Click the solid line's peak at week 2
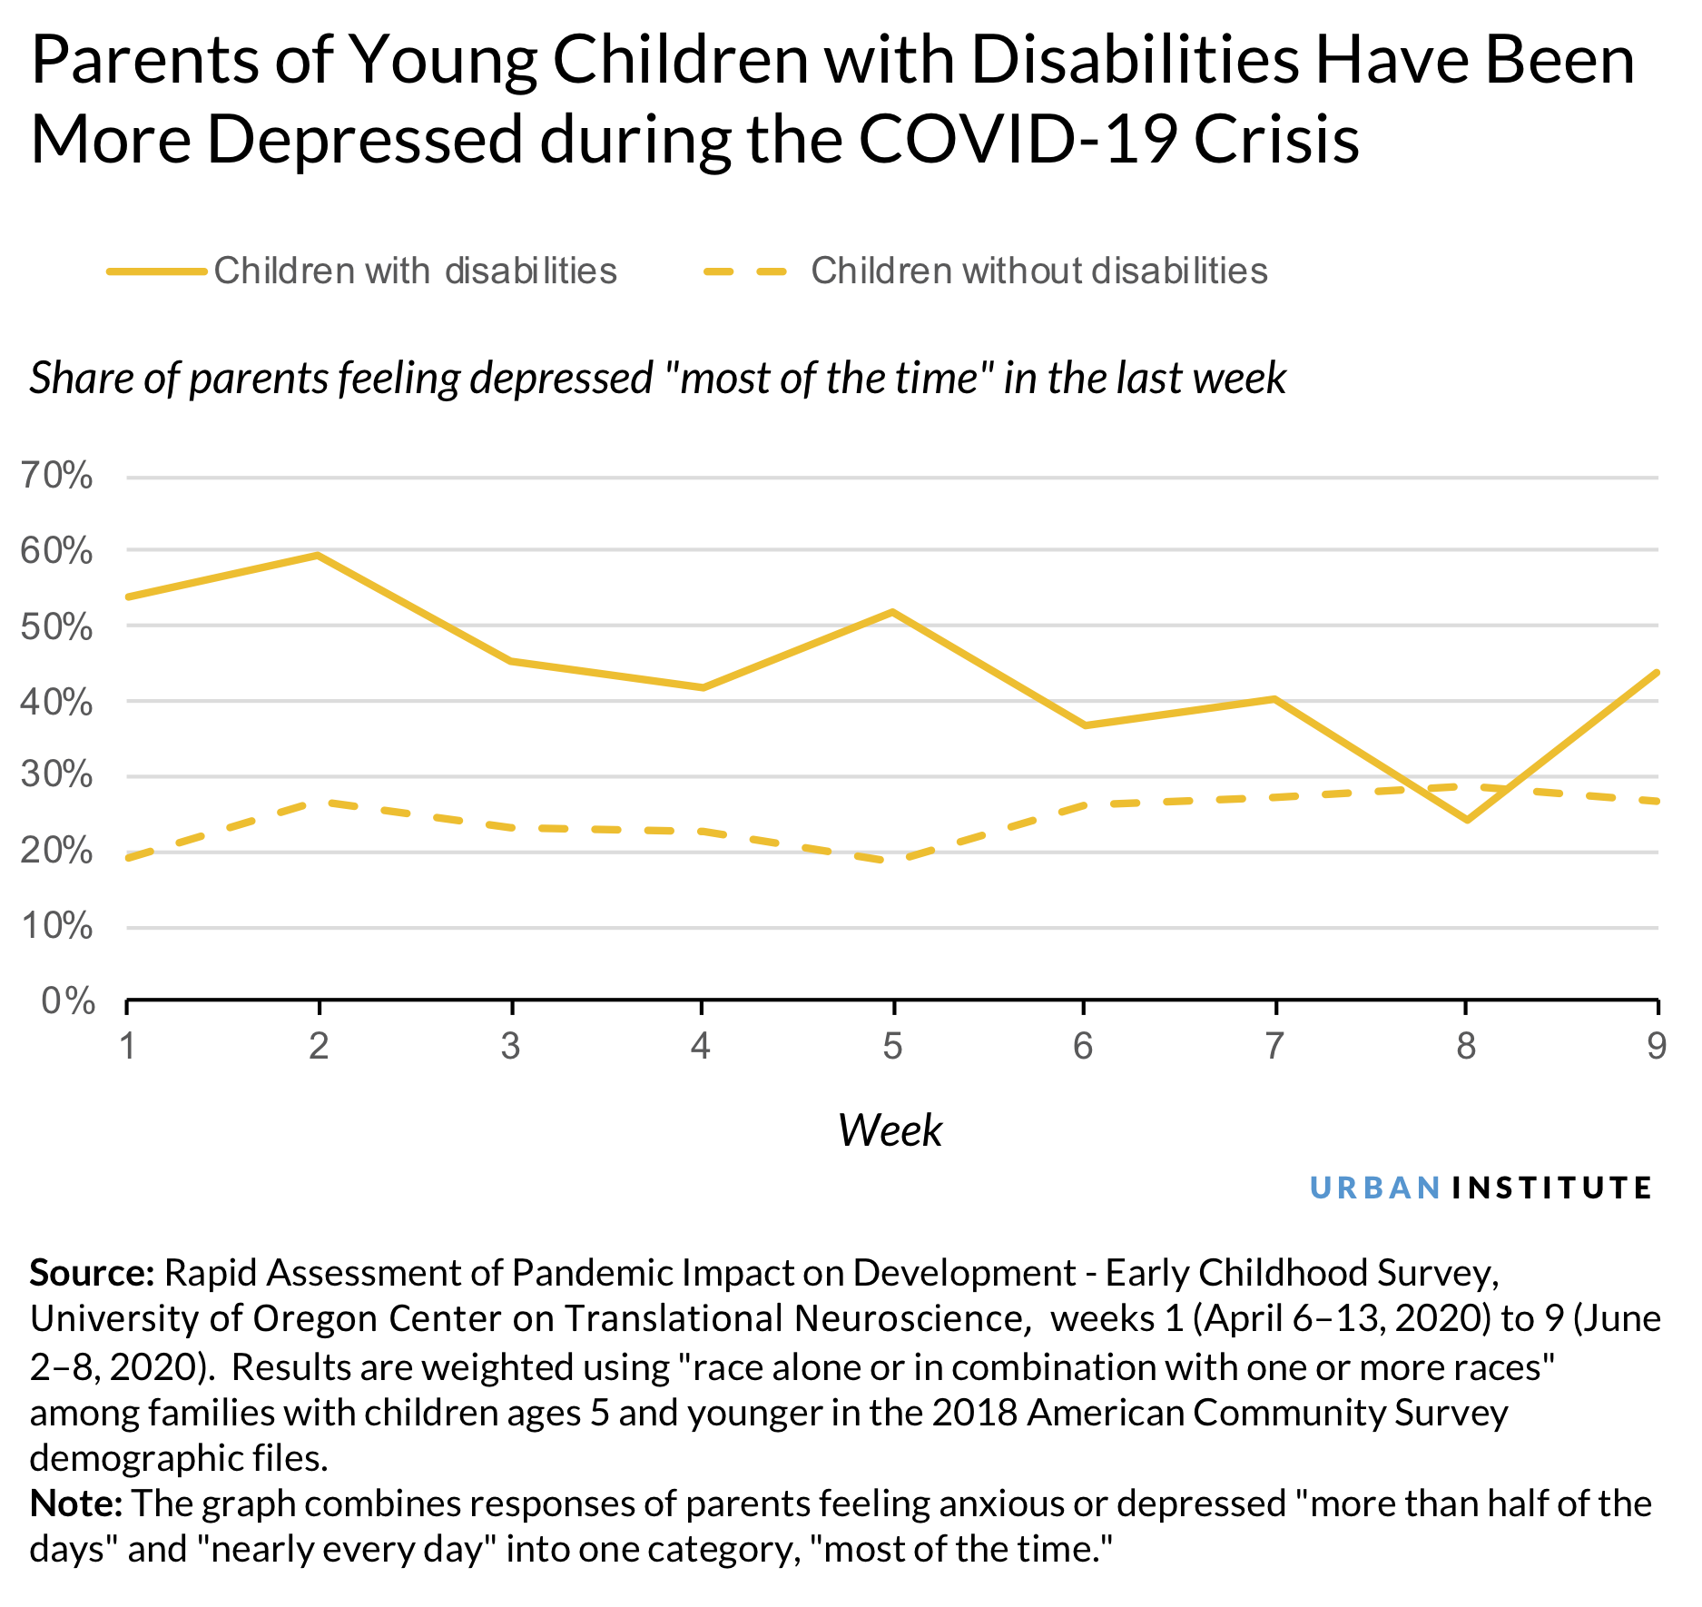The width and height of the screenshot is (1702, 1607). tap(318, 555)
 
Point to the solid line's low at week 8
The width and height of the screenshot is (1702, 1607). tap(1467, 820)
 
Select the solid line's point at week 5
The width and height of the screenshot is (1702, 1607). tap(893, 612)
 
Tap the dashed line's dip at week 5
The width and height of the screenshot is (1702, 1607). tap(893, 861)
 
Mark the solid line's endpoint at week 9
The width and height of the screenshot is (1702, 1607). tap(1658, 673)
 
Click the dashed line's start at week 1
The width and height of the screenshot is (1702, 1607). tap(128, 858)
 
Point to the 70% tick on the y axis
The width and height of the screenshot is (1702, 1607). tap(57, 476)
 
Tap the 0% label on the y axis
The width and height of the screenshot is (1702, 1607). tap(68, 1001)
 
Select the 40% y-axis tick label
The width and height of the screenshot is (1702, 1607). tap(57, 702)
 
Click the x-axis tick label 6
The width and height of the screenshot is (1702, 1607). tap(1083, 1047)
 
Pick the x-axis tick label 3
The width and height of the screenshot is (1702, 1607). tap(511, 1047)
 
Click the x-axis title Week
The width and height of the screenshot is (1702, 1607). tap(890, 1130)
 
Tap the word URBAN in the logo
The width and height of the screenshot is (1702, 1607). tap(1375, 1188)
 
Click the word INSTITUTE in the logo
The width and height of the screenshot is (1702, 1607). tap(1551, 1188)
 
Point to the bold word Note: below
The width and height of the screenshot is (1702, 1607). tap(76, 1504)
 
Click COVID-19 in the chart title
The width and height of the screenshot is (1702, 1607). tap(1017, 139)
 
